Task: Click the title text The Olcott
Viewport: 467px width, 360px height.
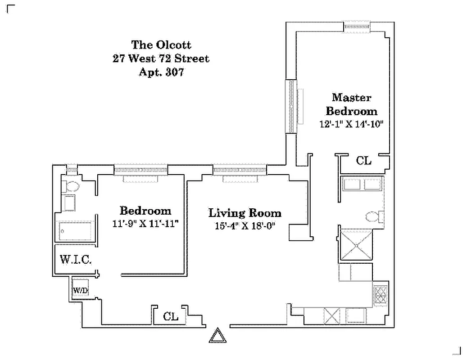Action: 161,45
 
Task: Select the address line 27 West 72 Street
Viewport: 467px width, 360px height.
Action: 161,58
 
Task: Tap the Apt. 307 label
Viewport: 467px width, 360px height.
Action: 161,72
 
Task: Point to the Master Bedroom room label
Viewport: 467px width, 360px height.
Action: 352,104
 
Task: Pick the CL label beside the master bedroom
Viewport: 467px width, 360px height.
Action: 364,161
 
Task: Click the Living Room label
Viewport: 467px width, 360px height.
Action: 245,213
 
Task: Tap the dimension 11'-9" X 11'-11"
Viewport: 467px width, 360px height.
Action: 145,224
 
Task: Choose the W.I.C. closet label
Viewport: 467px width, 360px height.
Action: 76,260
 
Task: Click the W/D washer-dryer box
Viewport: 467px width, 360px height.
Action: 81,290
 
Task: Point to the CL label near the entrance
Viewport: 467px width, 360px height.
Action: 171,316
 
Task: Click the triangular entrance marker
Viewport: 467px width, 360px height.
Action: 217,335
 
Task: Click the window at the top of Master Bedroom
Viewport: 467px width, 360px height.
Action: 357,27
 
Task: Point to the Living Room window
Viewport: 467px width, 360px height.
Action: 240,171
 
